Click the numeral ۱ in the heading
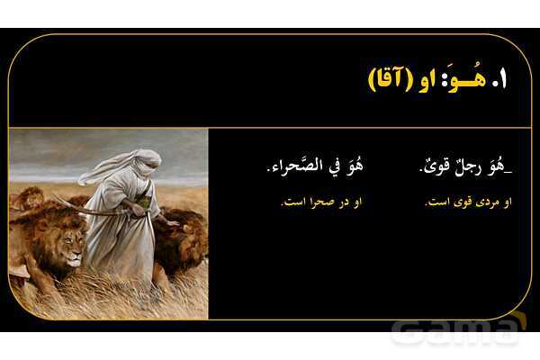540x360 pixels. pos(502,79)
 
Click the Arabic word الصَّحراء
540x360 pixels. pos(293,168)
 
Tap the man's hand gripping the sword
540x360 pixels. pos(134,207)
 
